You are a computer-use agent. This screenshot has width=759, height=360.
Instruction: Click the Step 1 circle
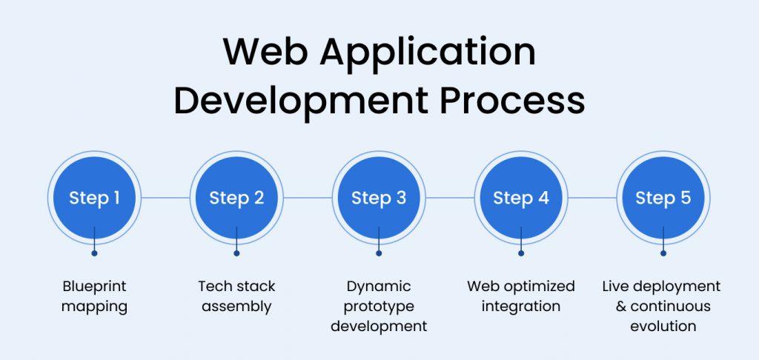click(94, 198)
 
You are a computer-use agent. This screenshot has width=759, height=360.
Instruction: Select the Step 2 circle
click(236, 198)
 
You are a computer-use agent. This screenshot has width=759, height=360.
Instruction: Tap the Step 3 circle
click(379, 198)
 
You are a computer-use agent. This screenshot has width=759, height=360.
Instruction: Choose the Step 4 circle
click(521, 198)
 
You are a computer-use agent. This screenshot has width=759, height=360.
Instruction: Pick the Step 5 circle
click(663, 198)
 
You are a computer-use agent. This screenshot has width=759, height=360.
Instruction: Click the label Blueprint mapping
click(94, 296)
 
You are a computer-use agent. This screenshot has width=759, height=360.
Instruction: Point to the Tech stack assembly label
click(236, 296)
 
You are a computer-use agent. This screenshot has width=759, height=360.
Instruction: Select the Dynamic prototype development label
click(379, 306)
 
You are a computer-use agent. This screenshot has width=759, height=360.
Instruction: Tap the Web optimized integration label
click(521, 296)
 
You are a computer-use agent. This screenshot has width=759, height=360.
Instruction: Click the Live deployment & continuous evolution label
click(662, 306)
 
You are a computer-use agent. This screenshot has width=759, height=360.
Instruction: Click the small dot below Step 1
click(94, 253)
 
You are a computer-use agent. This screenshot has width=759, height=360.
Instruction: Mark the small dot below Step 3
click(379, 253)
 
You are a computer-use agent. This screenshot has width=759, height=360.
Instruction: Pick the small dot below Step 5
click(663, 253)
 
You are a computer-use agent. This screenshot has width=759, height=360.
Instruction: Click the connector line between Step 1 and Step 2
click(165, 198)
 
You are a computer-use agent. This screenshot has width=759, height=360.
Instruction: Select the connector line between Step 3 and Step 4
click(450, 198)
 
